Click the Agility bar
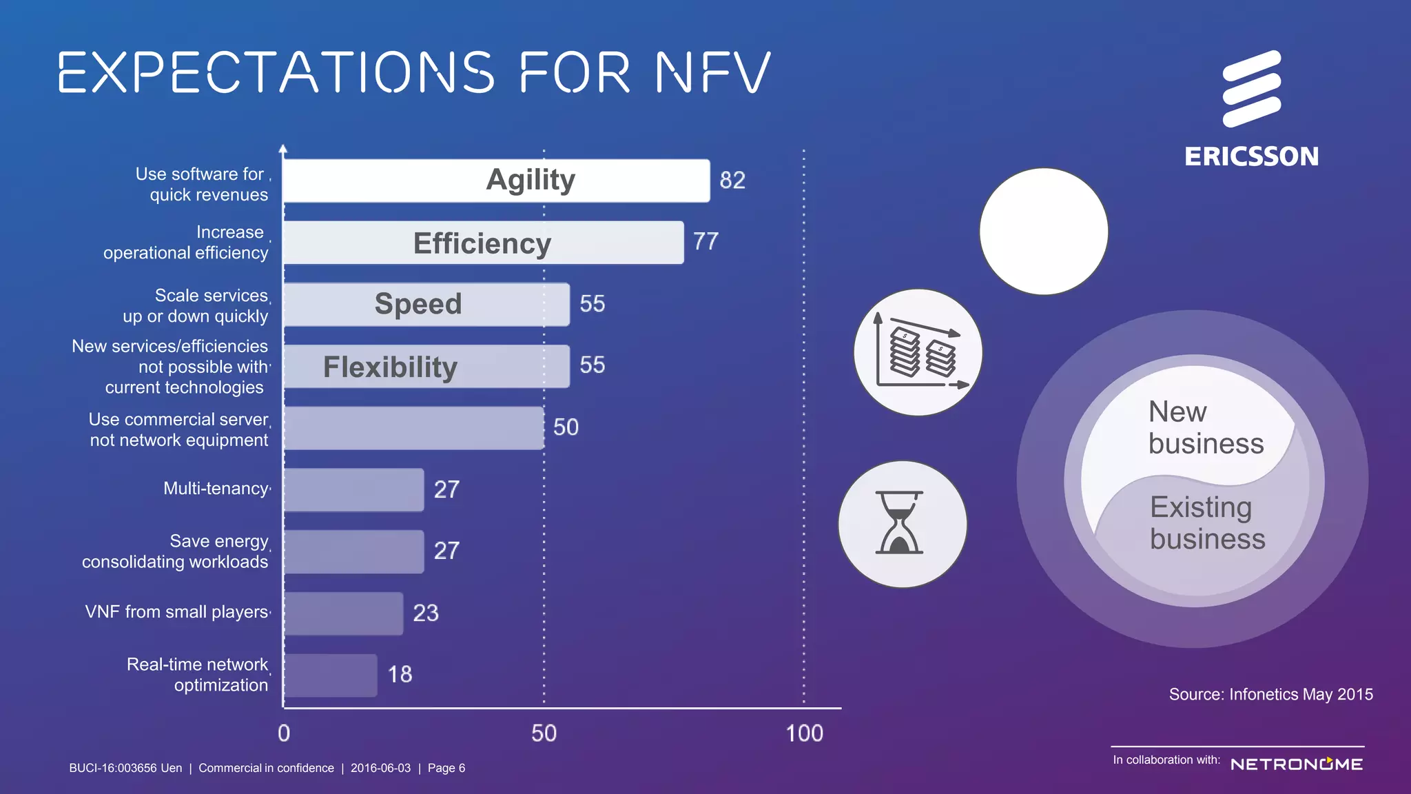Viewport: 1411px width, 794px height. pyautogui.click(x=496, y=181)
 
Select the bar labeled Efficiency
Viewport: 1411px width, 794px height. pyautogui.click(x=483, y=243)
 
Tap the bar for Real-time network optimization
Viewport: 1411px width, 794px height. pyautogui.click(x=330, y=675)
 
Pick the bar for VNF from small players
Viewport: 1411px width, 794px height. pyautogui.click(x=343, y=613)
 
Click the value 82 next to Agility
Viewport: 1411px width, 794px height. pyautogui.click(x=732, y=181)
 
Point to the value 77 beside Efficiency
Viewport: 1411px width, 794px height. pyautogui.click(x=705, y=242)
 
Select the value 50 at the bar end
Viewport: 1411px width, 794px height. pyautogui.click(x=566, y=427)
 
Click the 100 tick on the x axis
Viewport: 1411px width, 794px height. pyautogui.click(x=804, y=733)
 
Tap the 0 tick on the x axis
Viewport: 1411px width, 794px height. pyautogui.click(x=284, y=733)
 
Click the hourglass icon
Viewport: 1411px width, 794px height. pyautogui.click(x=901, y=524)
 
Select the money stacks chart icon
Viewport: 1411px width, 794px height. pyautogui.click(x=918, y=352)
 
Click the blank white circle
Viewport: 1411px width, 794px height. pyautogui.click(x=1044, y=232)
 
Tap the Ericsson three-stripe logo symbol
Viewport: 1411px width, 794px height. pyautogui.click(x=1251, y=89)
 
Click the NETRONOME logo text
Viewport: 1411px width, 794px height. pyautogui.click(x=1296, y=764)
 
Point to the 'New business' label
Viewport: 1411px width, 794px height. pyautogui.click(x=1206, y=427)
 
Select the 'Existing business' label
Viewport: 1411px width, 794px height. pyautogui.click(x=1207, y=522)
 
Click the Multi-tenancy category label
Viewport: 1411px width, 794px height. pyautogui.click(x=216, y=489)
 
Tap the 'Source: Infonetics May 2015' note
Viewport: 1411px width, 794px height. pyautogui.click(x=1270, y=694)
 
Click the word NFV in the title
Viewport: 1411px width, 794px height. pyautogui.click(x=712, y=72)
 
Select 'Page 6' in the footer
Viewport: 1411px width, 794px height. pyautogui.click(x=446, y=768)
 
